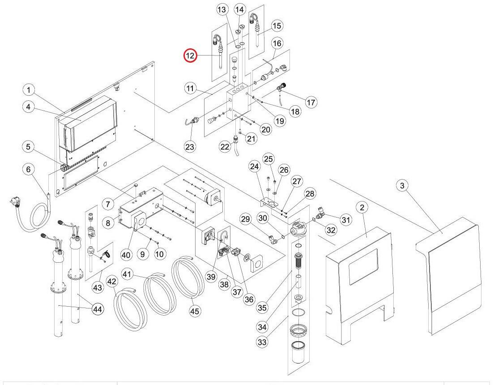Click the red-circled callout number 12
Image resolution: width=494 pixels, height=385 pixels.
click(190, 56)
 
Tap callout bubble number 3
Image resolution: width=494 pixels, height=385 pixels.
click(402, 185)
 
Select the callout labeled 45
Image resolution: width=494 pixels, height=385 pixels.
click(195, 311)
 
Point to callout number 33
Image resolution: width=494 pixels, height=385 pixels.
click(262, 342)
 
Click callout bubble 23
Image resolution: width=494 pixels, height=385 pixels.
click(190, 147)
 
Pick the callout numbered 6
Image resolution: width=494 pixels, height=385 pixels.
click(28, 169)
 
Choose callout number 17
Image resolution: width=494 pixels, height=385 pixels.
click(311, 102)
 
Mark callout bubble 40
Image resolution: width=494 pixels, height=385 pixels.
click(126, 254)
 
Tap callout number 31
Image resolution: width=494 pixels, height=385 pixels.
click(346, 219)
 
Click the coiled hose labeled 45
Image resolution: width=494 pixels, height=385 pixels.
click(187, 276)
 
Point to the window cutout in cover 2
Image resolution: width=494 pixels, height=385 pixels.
click(362, 266)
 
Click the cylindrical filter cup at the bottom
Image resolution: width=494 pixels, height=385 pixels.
click(298, 353)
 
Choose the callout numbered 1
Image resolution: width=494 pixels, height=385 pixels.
click(29, 90)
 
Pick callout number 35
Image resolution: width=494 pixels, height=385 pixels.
click(262, 308)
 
